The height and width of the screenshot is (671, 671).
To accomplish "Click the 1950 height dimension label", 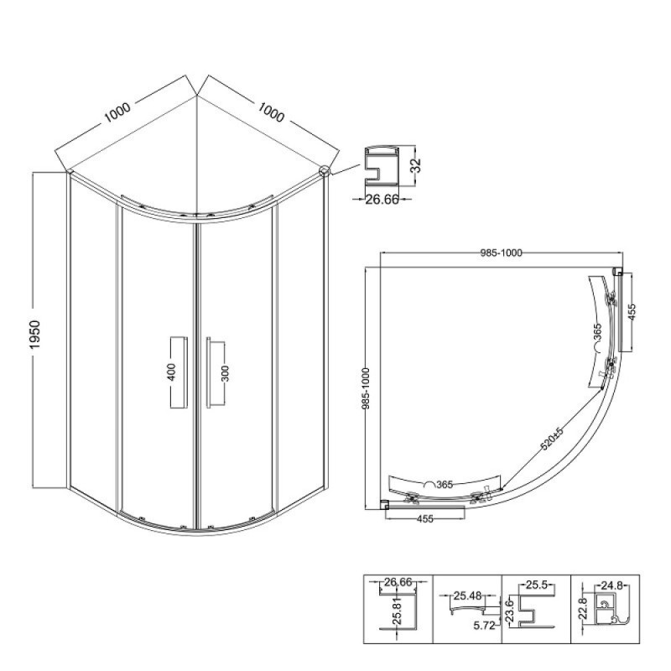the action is point(34,334).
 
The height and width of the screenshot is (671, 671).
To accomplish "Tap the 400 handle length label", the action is point(171,372).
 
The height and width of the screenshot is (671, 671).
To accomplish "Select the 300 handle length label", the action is point(226,373).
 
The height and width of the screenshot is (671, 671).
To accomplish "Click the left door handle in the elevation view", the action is point(179,372).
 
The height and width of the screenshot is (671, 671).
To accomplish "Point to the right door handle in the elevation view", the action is point(215,372).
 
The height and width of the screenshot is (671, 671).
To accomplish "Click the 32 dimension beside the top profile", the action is point(415,165).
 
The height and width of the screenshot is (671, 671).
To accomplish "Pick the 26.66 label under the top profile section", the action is point(382,200).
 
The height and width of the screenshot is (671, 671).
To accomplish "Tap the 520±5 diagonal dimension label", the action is point(553,439).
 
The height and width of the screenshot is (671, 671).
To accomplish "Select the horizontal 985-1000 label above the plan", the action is point(501,253).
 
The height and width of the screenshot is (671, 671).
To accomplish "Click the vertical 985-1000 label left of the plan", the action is point(366,388).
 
